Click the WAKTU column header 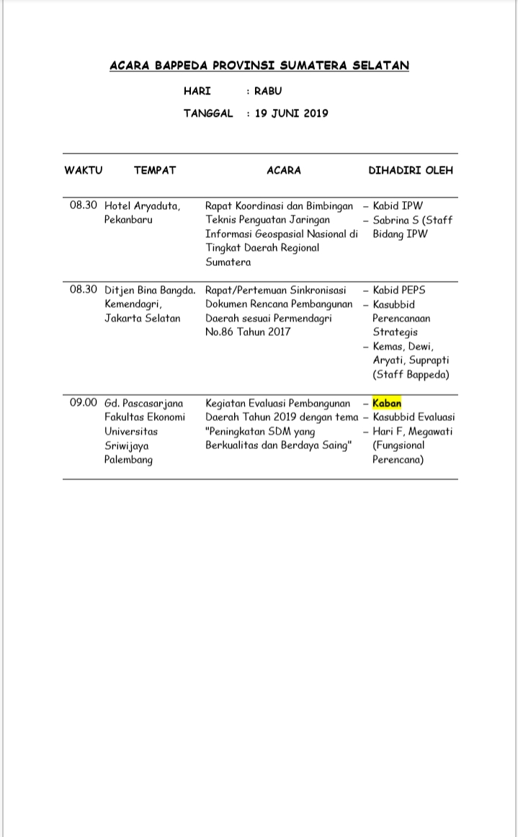point(84,171)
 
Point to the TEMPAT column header point(155,171)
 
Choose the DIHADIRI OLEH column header point(411,171)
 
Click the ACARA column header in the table point(284,171)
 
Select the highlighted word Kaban point(387,403)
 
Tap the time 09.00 point(84,403)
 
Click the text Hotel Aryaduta point(143,205)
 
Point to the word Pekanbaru point(128,219)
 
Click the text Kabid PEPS point(399,290)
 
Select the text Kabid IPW point(398,205)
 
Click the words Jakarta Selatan point(143,318)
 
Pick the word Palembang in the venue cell point(128,459)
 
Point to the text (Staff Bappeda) point(411,374)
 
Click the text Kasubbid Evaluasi point(414,417)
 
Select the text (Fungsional point(398,445)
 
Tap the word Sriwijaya point(127,446)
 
